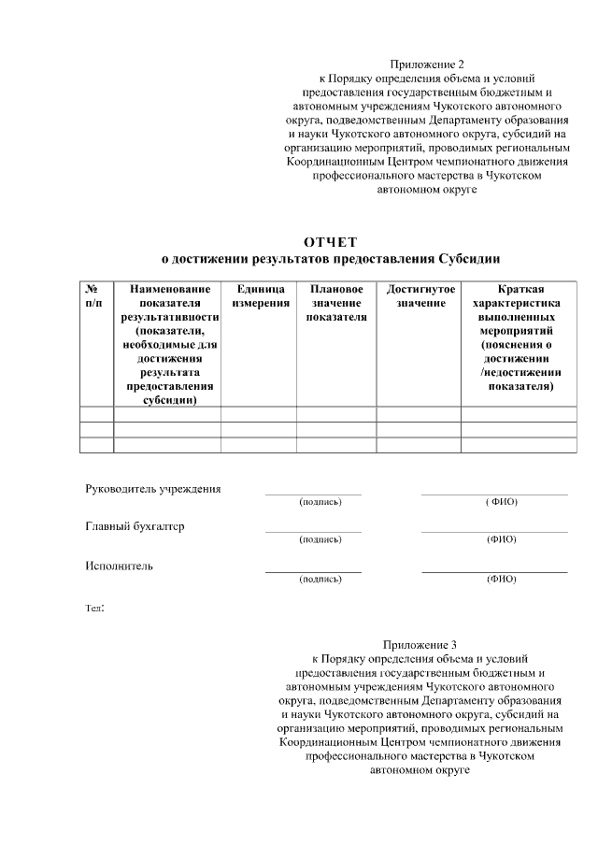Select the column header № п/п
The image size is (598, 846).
point(94,296)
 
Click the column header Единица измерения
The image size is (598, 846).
point(261,296)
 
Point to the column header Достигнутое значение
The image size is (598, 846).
point(420,296)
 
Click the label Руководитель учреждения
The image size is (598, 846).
point(153,489)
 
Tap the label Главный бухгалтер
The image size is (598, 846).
point(135,526)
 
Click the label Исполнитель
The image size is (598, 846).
point(119,566)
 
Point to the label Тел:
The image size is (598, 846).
point(95,608)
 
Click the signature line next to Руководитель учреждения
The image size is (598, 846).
point(313,493)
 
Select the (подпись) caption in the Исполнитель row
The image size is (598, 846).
point(320,580)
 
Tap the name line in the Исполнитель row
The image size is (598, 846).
point(494,570)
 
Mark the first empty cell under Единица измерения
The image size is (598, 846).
point(261,414)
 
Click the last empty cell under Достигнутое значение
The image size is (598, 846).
point(420,445)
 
